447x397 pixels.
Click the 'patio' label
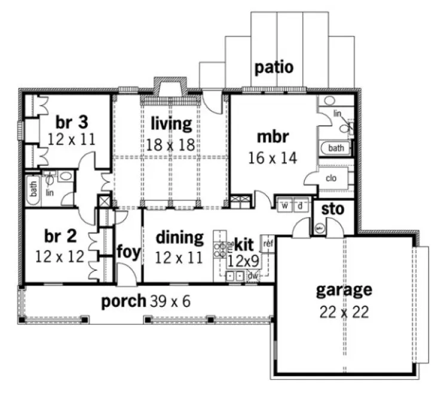tap(274, 67)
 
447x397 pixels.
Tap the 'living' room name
tap(171, 124)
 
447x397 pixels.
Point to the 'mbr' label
tap(273, 137)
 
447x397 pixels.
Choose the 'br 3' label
tap(72, 121)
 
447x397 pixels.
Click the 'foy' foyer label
tap(128, 252)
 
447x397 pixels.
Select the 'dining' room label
tap(179, 237)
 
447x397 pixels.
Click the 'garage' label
tap(344, 290)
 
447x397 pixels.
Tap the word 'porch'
tap(124, 301)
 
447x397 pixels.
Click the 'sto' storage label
tap(332, 209)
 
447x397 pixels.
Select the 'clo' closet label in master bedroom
tap(332, 178)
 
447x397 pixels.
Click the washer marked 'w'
tap(285, 206)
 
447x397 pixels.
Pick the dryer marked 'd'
tap(301, 206)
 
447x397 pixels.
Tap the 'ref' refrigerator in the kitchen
tap(268, 243)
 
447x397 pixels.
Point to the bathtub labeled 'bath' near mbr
tap(336, 148)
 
